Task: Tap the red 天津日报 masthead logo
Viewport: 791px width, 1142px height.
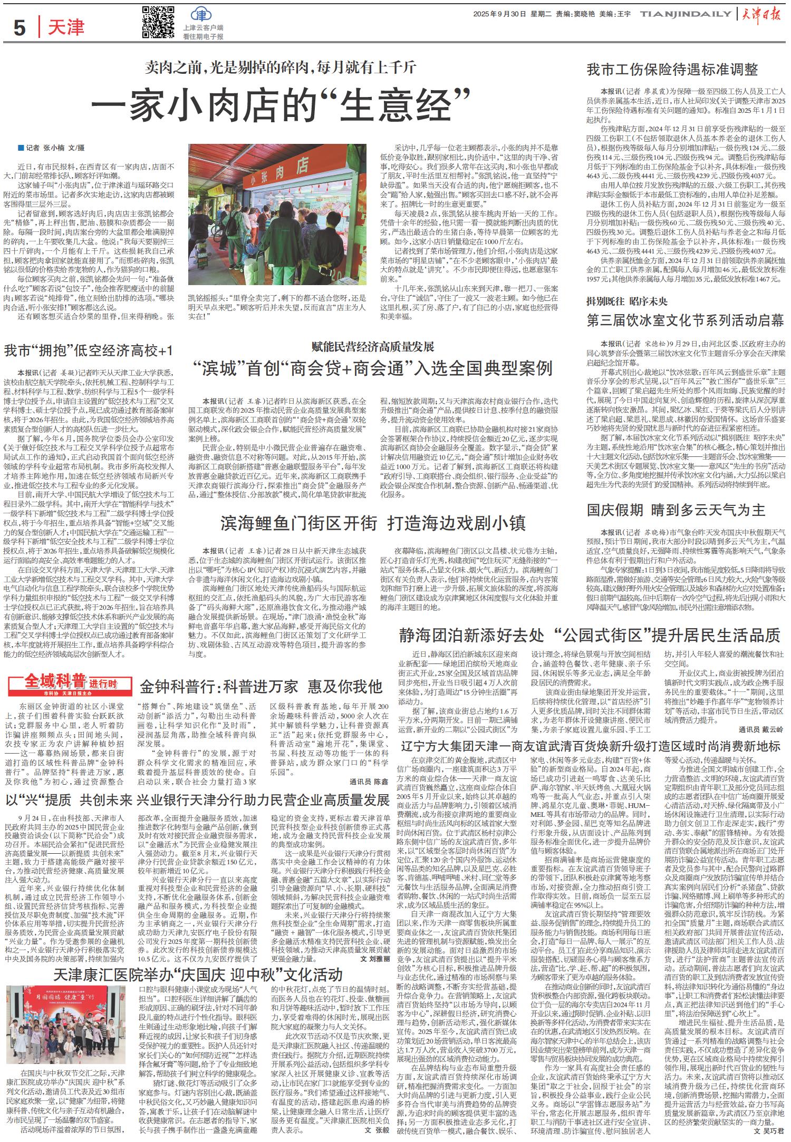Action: click(763, 14)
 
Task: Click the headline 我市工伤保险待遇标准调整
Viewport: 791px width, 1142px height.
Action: click(672, 70)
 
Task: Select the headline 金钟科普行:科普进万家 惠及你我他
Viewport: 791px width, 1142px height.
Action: click(261, 686)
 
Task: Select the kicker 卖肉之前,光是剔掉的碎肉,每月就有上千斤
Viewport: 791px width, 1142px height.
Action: click(281, 67)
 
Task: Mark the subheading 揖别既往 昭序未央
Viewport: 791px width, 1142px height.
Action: click(627, 301)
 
